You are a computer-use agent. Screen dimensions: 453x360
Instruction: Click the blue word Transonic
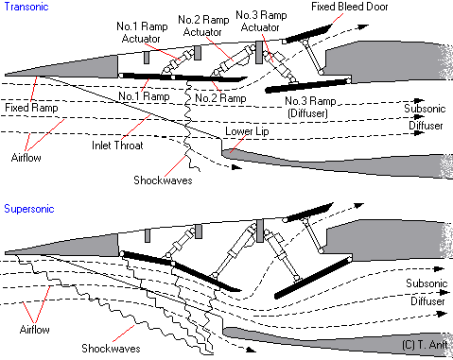point(26,7)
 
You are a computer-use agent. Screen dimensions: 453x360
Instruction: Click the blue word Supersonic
point(29,209)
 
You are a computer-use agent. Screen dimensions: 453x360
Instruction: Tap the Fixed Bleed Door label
point(349,7)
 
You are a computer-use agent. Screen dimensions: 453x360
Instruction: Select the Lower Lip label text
point(247,131)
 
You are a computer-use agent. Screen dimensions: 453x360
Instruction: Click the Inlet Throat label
point(117,146)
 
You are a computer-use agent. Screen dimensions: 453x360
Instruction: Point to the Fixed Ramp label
point(31,108)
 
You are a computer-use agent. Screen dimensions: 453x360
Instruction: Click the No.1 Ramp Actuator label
point(142,32)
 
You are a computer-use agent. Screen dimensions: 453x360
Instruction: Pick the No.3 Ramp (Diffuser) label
point(310,107)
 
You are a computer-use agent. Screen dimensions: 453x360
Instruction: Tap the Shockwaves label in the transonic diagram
point(163,180)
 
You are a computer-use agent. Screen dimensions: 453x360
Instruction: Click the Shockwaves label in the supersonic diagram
point(111,349)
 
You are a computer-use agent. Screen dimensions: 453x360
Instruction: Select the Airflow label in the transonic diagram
point(26,158)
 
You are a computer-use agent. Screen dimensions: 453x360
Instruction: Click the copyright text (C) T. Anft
point(425,345)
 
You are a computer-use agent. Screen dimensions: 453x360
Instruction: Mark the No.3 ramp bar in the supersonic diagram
point(312,278)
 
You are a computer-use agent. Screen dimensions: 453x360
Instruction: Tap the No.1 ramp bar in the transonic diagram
point(147,76)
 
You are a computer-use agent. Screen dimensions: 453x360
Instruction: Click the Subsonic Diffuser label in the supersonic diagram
point(427,292)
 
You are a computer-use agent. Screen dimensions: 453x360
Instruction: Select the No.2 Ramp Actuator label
point(203,26)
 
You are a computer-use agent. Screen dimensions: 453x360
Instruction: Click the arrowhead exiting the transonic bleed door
point(363,26)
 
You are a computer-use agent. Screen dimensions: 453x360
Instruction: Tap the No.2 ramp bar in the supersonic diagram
point(206,276)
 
